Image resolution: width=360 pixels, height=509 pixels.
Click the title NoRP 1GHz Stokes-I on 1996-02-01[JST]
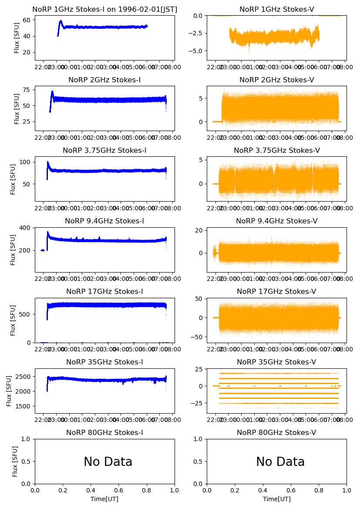104,9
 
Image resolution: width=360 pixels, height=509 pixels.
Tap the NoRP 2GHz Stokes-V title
276,80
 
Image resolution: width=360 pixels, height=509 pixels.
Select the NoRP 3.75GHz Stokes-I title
104,150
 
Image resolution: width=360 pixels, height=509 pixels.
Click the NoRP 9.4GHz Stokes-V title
276,221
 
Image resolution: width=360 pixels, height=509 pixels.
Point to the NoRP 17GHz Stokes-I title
104,291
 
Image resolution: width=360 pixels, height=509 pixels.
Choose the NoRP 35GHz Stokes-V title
276,362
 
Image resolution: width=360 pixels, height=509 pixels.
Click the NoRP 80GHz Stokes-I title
104,432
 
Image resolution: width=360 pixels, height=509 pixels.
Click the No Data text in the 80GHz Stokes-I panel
108,462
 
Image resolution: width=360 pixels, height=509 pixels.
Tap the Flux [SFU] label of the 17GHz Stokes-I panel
13,320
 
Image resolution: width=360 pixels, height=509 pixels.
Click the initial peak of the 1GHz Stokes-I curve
61,21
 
